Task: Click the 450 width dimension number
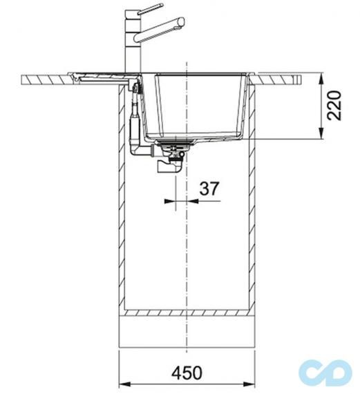click(x=187, y=373)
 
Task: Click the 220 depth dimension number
click(x=334, y=106)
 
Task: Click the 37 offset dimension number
click(x=209, y=189)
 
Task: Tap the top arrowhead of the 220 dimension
click(x=321, y=79)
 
